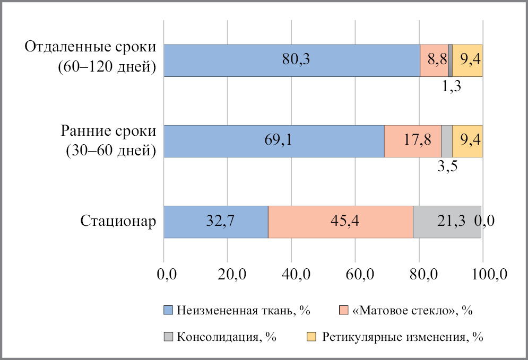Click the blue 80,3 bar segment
click(x=291, y=60)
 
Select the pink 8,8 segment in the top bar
click(x=434, y=60)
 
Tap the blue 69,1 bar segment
click(x=274, y=141)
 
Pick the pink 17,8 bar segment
click(x=413, y=141)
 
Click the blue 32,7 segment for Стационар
click(x=215, y=221)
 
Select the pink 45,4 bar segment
click(x=341, y=221)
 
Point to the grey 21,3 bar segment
click(x=447, y=221)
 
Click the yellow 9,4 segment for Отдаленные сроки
click(x=467, y=60)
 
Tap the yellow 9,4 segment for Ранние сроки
click(x=467, y=141)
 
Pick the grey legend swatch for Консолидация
click(x=168, y=337)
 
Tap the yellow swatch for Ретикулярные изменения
click(x=311, y=337)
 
